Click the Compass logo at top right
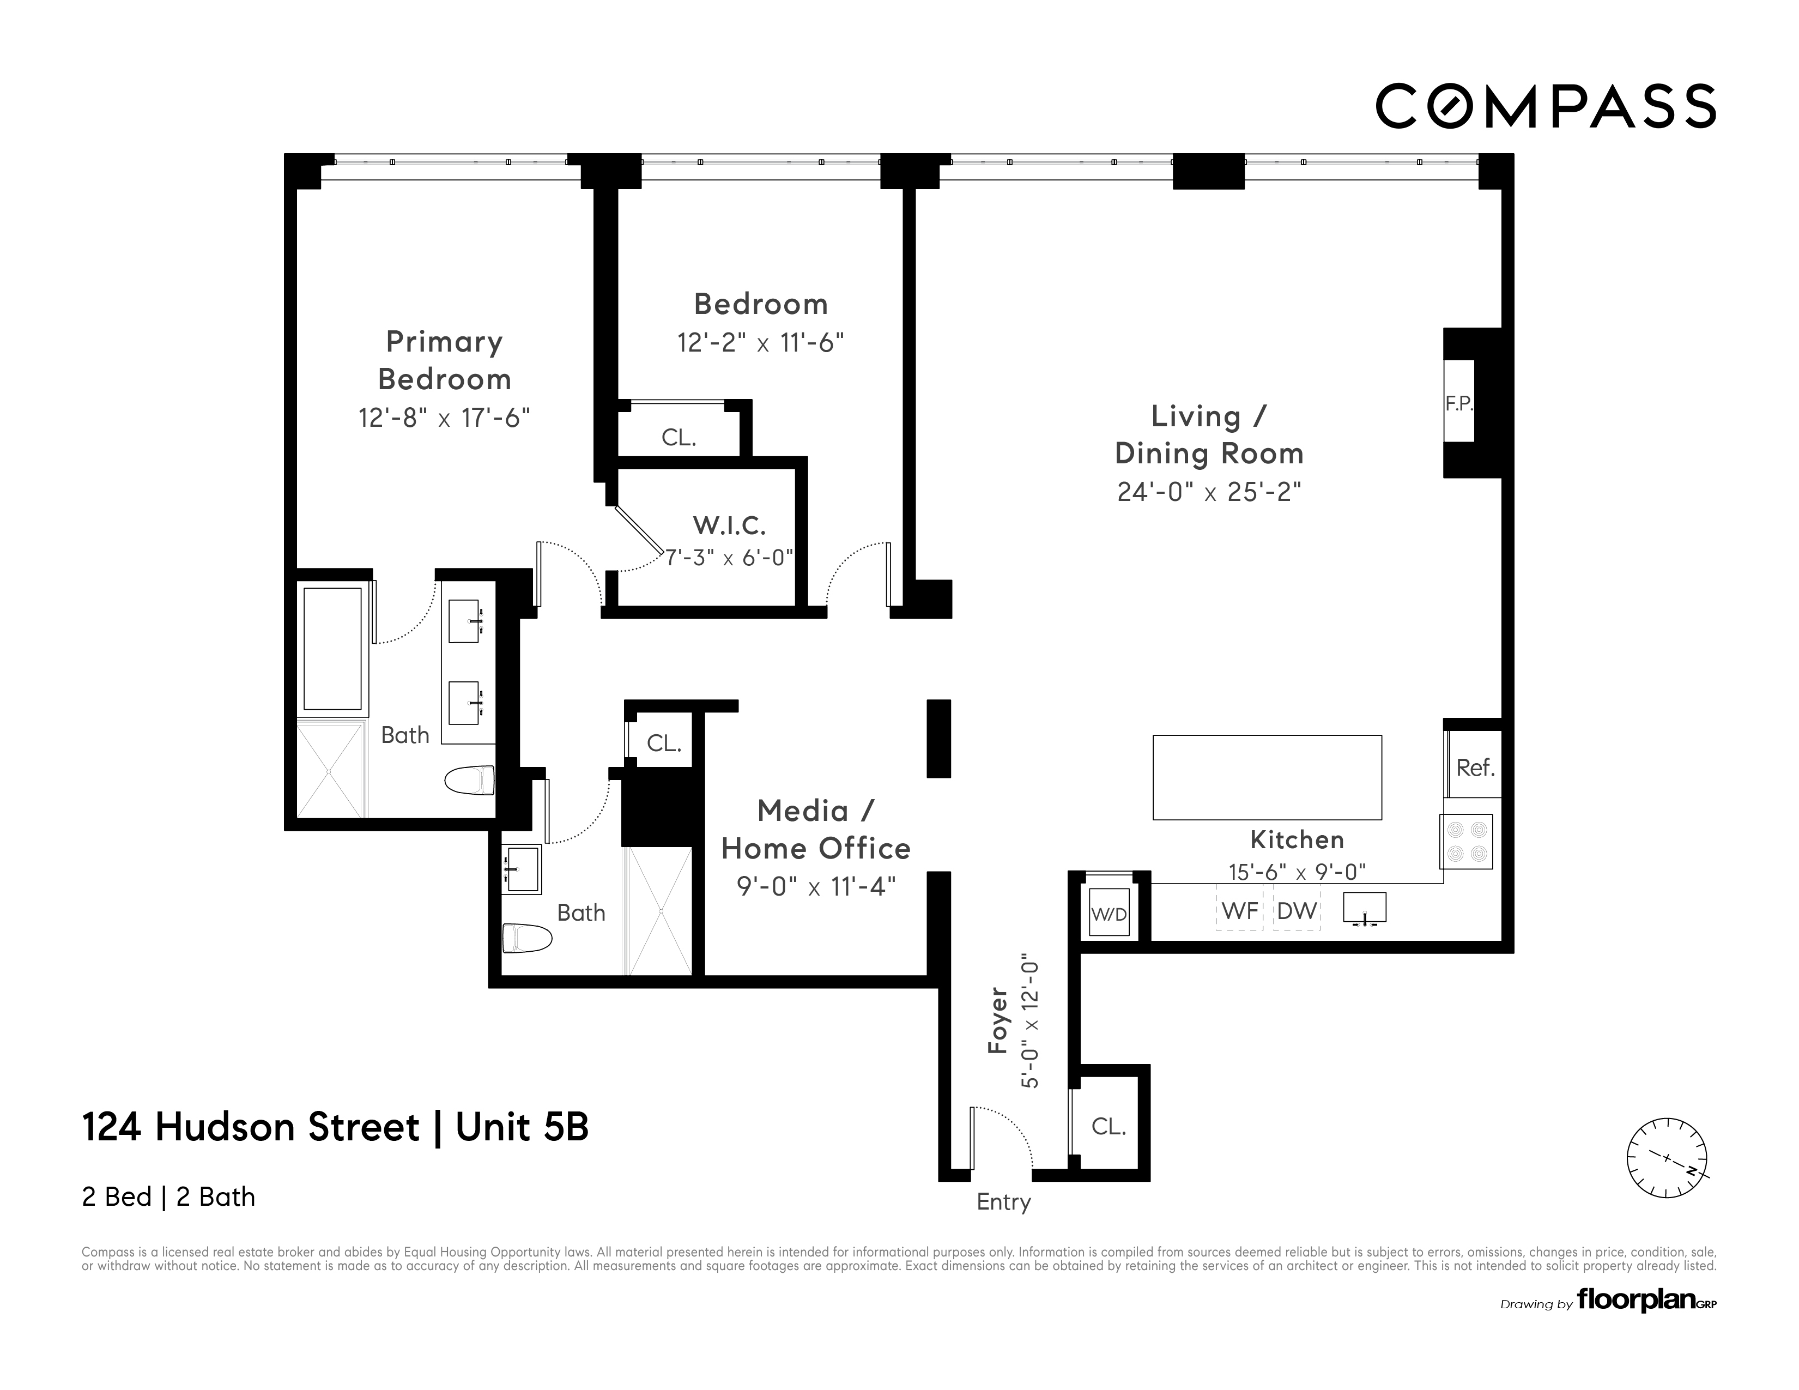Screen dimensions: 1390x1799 click(1545, 106)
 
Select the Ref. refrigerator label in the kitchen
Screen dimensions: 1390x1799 click(1474, 768)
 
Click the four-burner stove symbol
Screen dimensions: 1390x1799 click(1466, 841)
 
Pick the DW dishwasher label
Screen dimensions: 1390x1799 click(1297, 910)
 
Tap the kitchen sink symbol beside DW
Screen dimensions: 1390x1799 click(1365, 909)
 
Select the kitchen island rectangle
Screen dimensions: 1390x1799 click(1267, 777)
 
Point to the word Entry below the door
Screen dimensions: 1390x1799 click(1003, 1202)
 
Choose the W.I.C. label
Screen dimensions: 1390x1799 click(729, 525)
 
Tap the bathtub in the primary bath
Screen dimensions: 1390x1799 click(332, 649)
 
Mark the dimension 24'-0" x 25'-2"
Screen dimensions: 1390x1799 click(1208, 492)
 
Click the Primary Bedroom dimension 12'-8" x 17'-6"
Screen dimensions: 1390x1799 click(444, 418)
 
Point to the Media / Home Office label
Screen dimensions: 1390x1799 click(815, 830)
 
